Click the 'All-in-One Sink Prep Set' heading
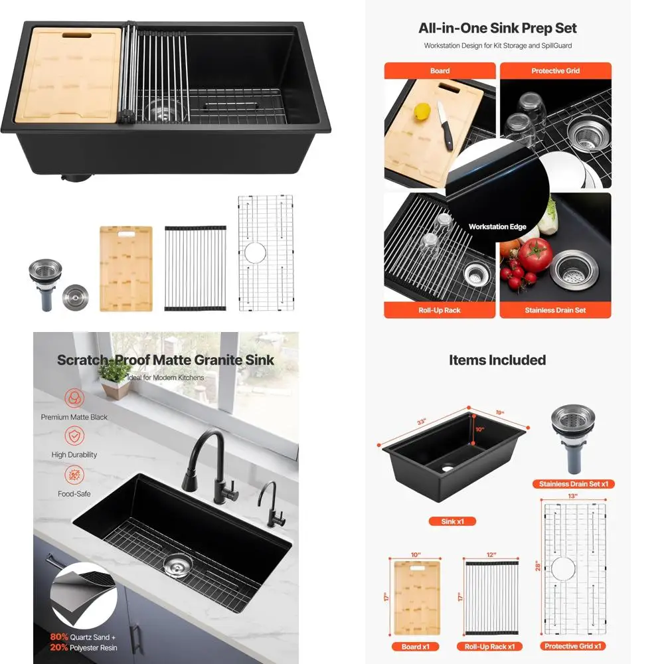tap(497, 29)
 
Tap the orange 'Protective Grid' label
tap(555, 71)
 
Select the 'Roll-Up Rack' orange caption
tap(440, 310)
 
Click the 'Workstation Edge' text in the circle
tap(497, 227)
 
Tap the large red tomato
tap(535, 254)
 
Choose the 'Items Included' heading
tap(497, 361)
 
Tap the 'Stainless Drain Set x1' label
tap(574, 484)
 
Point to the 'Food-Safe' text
tap(74, 494)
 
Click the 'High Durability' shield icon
tap(74, 436)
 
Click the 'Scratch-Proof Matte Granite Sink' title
tap(165, 361)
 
